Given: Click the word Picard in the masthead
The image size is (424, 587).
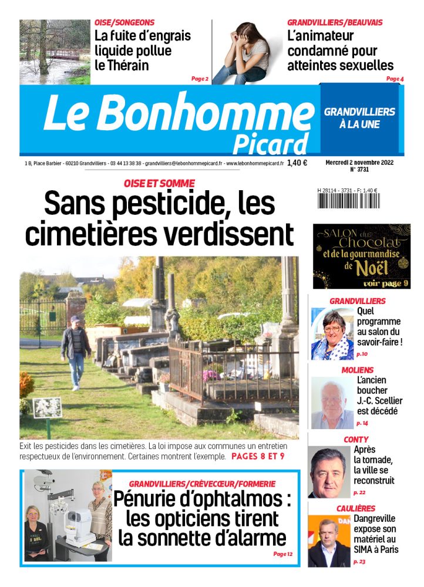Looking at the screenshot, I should point(270,143).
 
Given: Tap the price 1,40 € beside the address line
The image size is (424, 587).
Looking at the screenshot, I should point(297,164).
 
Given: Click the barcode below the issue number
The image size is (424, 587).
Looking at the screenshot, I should point(348,201).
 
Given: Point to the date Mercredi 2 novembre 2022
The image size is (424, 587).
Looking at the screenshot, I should point(359,162).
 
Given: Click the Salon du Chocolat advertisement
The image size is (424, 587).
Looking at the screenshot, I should point(361,257).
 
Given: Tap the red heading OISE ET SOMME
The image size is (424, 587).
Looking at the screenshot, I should point(159,184).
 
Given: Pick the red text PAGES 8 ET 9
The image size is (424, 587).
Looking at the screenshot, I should point(258,456).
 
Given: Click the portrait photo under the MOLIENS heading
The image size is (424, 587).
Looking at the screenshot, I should point(332,403).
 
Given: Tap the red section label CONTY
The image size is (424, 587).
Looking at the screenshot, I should point(356,439).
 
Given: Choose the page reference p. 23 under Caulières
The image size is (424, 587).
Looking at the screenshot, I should point(359,562).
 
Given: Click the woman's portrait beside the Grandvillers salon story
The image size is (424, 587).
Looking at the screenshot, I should point(332,334).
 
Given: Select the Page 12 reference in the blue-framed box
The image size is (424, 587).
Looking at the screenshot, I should point(282,554).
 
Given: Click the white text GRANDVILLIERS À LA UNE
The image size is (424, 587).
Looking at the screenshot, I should point(359,118).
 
